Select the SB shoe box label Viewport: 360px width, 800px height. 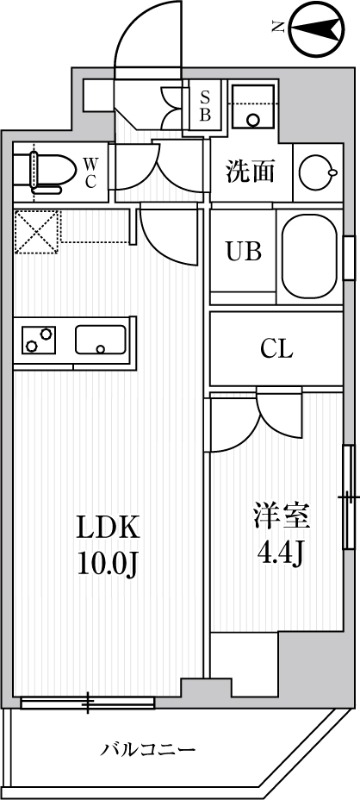point(205,104)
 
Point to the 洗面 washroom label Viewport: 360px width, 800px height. point(249,171)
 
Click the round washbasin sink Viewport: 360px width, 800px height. point(319,168)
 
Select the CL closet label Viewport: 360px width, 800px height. point(275,349)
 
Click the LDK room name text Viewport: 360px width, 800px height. point(109,527)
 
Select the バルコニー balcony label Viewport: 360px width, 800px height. point(148,748)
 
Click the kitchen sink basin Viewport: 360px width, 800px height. point(100,340)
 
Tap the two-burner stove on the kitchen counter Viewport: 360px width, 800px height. point(39,340)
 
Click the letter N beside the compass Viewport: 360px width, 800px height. point(280,28)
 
